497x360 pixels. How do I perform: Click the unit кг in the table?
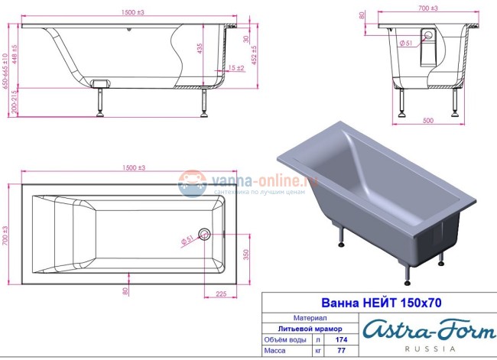click(x=317, y=350)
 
